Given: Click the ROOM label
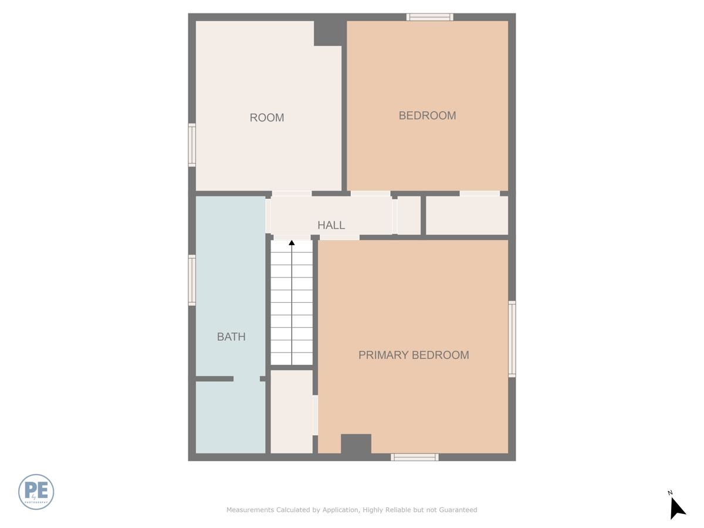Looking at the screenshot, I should click(x=267, y=118).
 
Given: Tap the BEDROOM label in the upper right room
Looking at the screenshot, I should click(x=427, y=116).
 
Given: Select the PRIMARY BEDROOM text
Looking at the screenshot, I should click(x=414, y=355).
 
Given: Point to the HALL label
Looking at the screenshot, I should click(x=331, y=225).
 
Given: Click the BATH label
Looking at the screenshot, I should click(x=231, y=337).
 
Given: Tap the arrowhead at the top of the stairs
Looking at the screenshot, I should click(x=292, y=242).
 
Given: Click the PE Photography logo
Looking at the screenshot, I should click(x=36, y=492).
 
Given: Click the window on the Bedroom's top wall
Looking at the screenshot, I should click(x=430, y=17).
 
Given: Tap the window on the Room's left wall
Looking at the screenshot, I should click(x=192, y=145).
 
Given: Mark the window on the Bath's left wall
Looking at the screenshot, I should click(x=192, y=280).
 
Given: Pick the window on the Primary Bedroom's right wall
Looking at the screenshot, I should click(x=512, y=339).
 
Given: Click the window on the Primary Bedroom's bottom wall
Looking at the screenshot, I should click(x=415, y=457).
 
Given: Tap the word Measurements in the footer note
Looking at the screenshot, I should click(x=251, y=510).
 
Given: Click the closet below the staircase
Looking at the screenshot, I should click(x=292, y=411).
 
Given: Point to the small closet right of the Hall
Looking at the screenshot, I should click(x=409, y=215).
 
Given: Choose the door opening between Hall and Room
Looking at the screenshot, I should click(x=292, y=194).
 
